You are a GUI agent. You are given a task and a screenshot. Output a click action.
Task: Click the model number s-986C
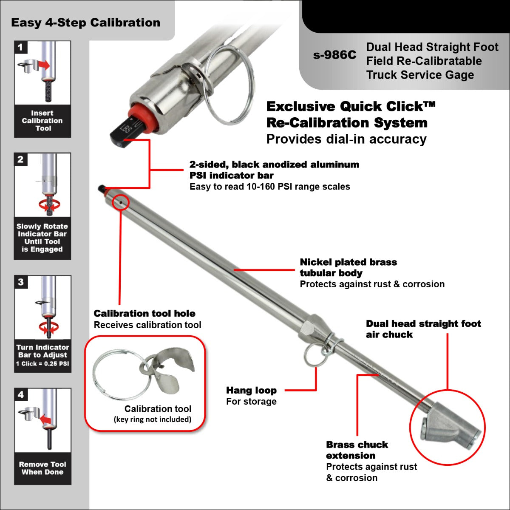[x=334, y=55]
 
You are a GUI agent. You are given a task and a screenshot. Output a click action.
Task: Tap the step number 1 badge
[x=20, y=47]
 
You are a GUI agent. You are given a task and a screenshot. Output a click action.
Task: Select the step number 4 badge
[x=21, y=395]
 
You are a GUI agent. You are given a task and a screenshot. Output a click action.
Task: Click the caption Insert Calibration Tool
[x=42, y=121]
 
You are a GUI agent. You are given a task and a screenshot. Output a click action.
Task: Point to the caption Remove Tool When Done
[x=42, y=468]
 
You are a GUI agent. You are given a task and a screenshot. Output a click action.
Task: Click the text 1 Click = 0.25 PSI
[x=42, y=364]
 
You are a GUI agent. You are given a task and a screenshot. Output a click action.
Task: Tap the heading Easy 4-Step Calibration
[x=85, y=23]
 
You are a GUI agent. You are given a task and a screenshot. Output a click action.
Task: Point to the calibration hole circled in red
[x=121, y=203]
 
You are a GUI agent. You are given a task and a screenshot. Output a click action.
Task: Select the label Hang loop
[x=251, y=390]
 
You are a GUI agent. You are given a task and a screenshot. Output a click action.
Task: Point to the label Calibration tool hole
[x=144, y=314]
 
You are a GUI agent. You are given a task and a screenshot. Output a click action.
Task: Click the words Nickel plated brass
[x=348, y=262]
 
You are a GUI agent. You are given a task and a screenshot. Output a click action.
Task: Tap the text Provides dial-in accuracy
[x=346, y=139]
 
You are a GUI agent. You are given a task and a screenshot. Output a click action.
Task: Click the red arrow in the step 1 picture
[x=43, y=65]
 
